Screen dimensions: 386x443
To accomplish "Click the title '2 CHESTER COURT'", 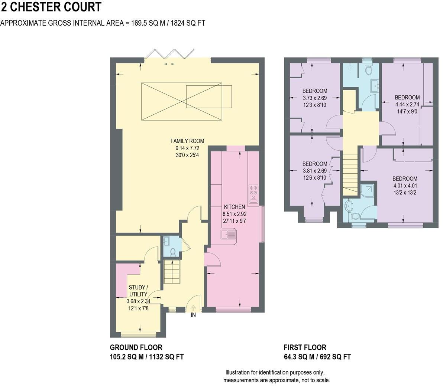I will coord(51,7).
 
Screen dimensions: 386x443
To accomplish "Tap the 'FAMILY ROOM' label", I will coord(187,141).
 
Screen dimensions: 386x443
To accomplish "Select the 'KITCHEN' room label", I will coord(234,207).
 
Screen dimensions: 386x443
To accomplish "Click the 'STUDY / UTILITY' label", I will coord(138,291).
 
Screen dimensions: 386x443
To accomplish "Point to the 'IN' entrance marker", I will coord(193,315).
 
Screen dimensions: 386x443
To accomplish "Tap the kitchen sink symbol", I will coord(229,235).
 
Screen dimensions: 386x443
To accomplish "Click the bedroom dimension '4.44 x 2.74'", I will coord(407,104).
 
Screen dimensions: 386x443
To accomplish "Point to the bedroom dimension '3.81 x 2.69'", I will coord(314,171).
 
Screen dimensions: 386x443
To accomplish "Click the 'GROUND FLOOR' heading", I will coord(136,348).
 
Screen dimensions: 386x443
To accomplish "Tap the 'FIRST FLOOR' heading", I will coord(305,348).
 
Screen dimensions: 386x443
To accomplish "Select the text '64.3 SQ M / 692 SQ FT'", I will coord(317,357).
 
